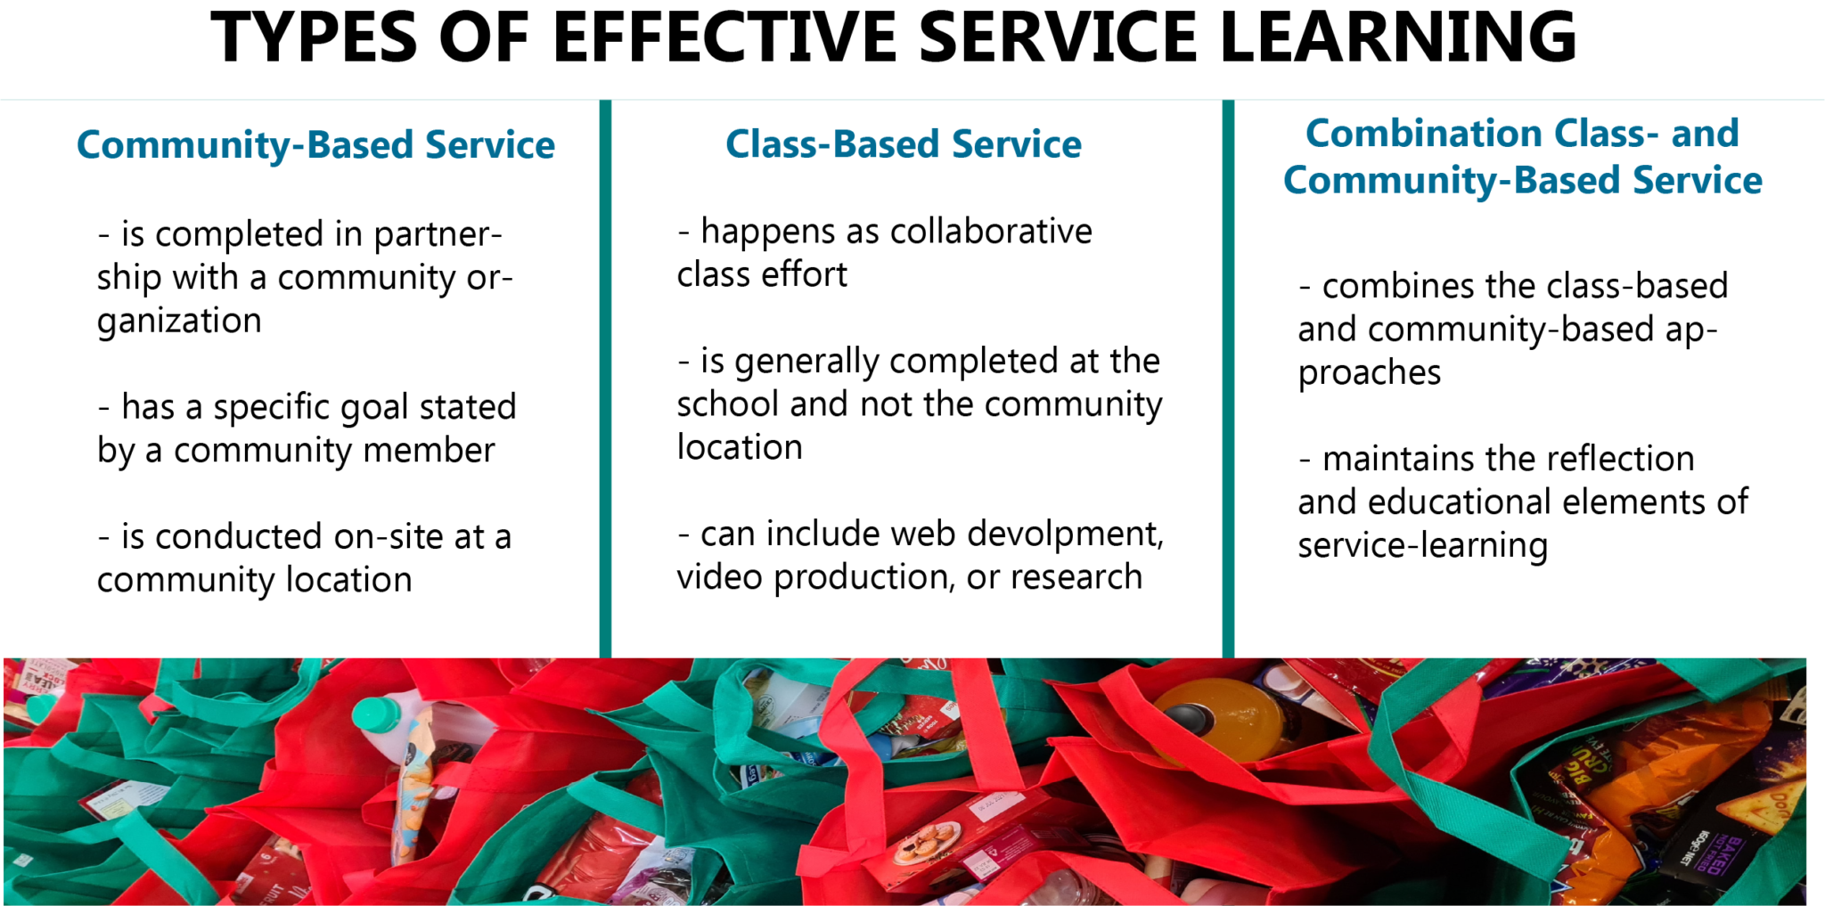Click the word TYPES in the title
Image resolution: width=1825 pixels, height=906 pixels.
314,37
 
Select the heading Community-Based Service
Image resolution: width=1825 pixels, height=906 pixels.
315,145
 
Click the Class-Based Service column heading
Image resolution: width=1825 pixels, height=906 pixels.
903,144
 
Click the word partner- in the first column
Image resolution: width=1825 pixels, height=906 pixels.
438,235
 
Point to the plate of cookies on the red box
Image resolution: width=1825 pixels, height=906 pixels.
926,840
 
